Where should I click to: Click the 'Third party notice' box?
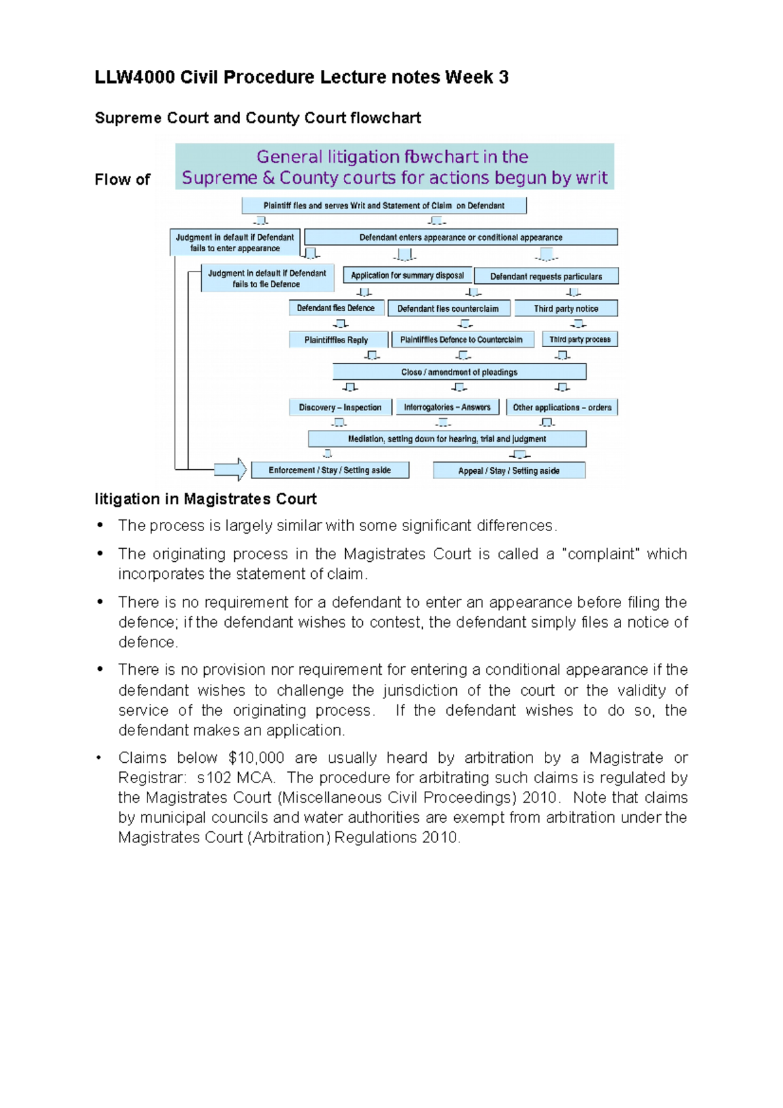[566, 309]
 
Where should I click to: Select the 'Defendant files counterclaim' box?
[448, 309]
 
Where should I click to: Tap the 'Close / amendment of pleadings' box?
[459, 372]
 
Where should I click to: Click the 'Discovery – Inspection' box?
[340, 407]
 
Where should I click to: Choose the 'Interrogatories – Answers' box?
[447, 407]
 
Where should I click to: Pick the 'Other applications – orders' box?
[562, 407]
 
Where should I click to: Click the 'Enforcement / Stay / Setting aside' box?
[330, 470]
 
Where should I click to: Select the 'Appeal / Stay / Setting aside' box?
[509, 470]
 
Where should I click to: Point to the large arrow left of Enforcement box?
[230, 469]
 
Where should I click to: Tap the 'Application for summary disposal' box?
[407, 275]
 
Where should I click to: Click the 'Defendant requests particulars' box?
[546, 276]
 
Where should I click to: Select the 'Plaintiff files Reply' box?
[337, 340]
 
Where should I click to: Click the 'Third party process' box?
[579, 339]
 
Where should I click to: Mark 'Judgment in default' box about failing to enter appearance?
[235, 243]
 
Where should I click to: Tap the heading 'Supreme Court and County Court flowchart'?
[258, 118]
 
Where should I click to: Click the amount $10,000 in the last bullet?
[256, 758]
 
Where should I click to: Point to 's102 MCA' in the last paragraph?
[236, 778]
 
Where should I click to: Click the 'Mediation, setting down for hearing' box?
[447, 439]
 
